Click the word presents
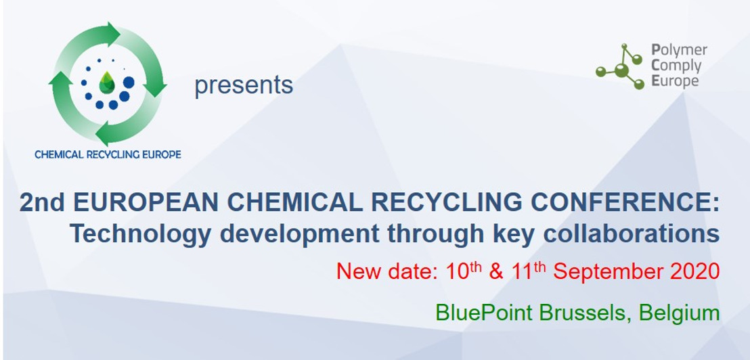244,85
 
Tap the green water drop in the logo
107,83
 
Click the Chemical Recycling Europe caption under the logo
108,154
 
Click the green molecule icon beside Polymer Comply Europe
620,66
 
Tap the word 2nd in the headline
42,203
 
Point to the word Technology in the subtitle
140,234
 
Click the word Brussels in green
586,313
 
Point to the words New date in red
387,271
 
